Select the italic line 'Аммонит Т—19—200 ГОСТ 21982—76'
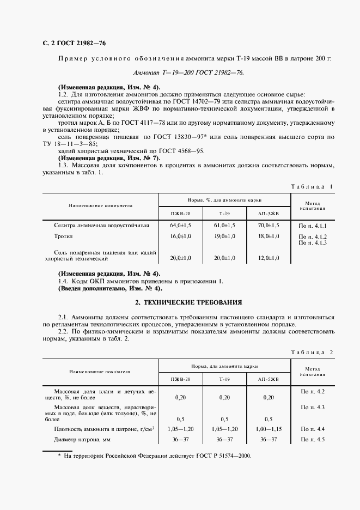189,72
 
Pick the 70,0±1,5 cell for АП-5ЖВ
269,225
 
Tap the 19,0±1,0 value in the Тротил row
224,236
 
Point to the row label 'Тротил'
63,237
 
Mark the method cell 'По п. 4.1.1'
313,225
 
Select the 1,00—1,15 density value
269,430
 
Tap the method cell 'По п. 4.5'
313,440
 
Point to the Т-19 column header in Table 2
224,378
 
